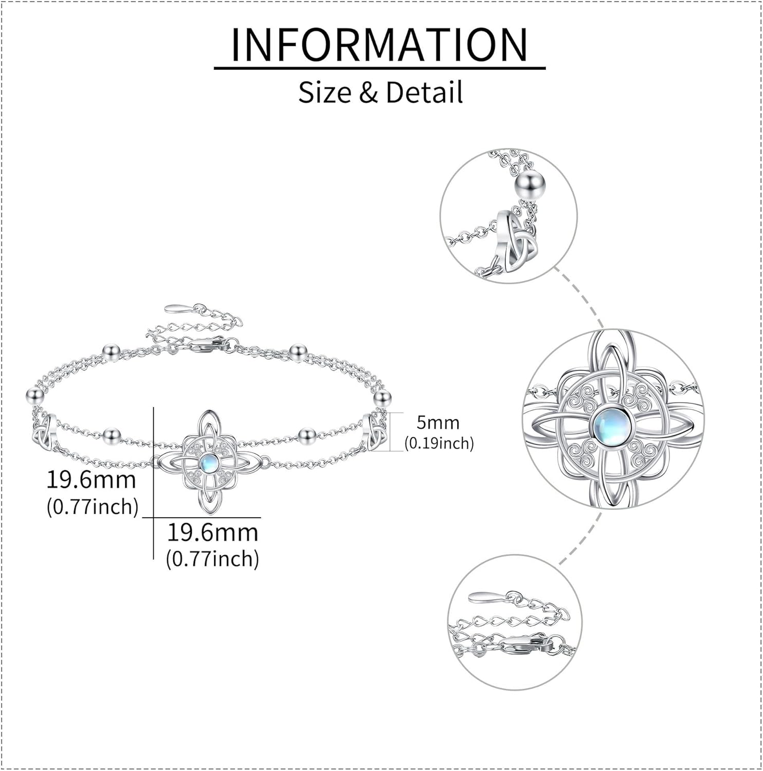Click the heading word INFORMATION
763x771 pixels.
click(379, 45)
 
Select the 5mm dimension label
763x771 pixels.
click(438, 423)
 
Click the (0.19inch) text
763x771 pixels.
click(439, 443)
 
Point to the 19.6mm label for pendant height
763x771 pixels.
click(92, 480)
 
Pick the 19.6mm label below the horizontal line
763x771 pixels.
click(212, 532)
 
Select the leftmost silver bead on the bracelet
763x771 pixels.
click(35, 395)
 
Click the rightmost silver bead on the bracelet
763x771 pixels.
click(382, 397)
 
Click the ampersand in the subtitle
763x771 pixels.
click(368, 93)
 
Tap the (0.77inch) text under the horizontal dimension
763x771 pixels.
click(212, 559)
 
